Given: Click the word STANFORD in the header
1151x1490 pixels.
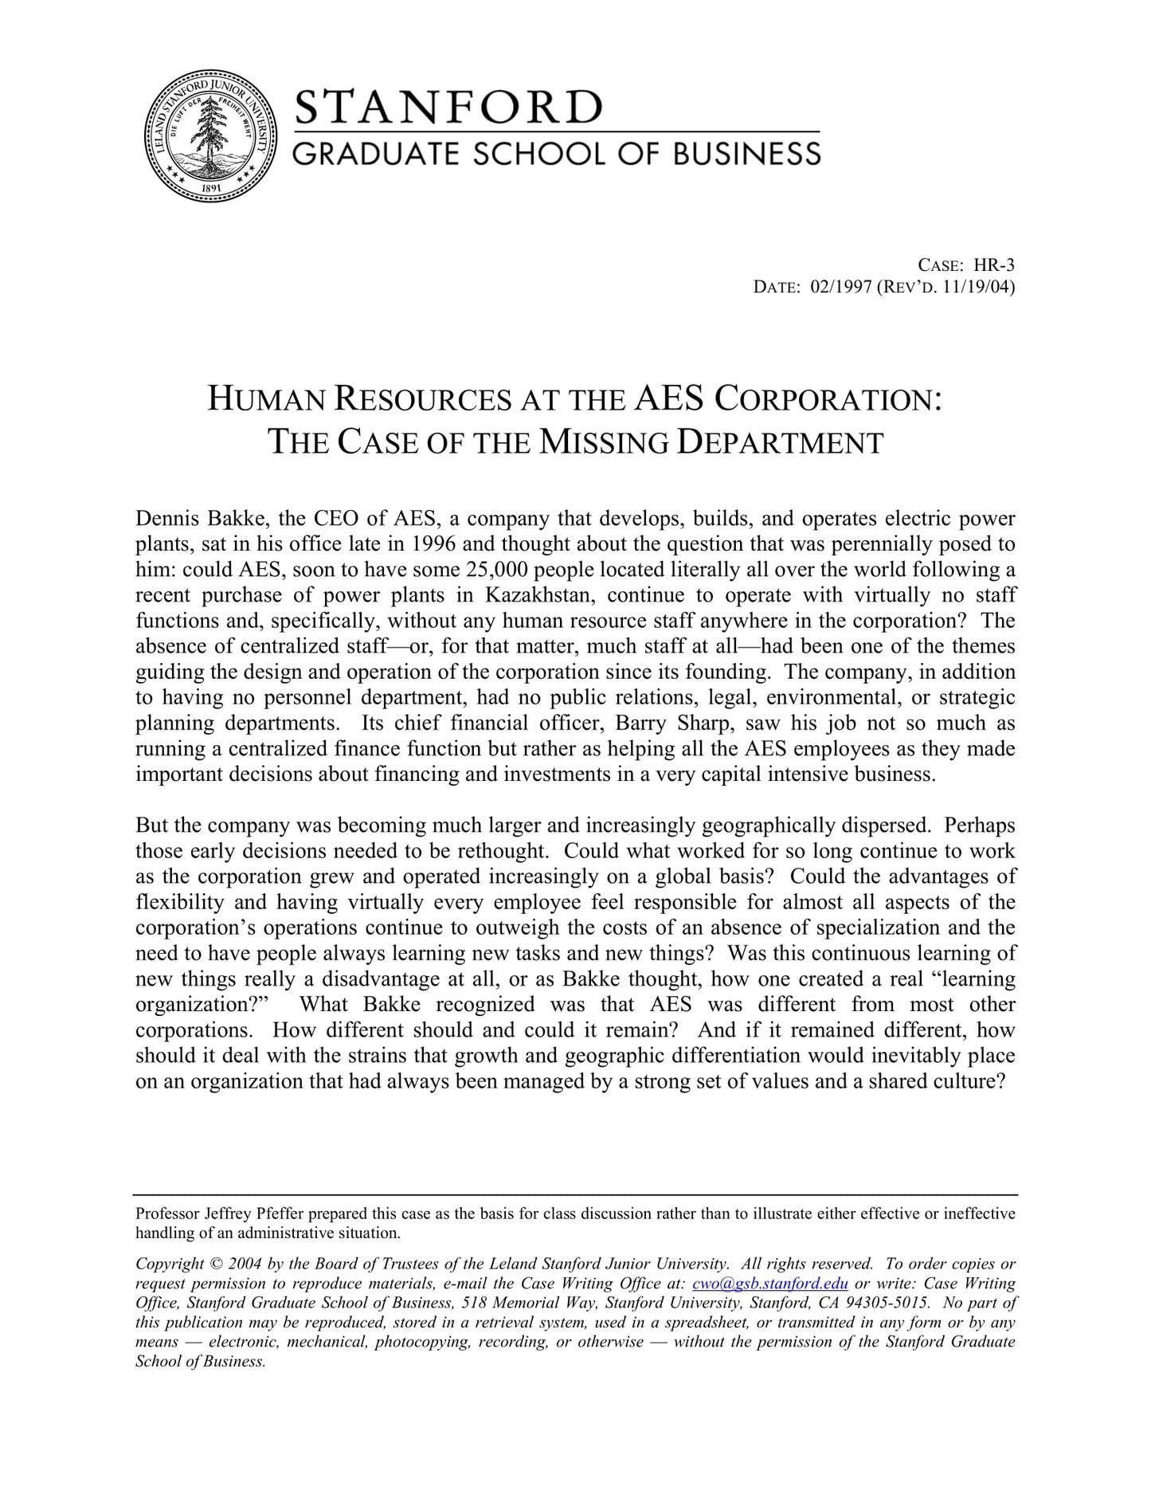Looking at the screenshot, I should pyautogui.click(x=448, y=107).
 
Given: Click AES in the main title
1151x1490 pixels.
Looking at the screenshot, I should pyautogui.click(x=669, y=398).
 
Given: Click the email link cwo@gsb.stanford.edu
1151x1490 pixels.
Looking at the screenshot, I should pyautogui.click(x=769, y=1284).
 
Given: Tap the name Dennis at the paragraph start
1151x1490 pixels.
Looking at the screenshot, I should pyautogui.click(x=159, y=519).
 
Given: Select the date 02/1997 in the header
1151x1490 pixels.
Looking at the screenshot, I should pyautogui.click(x=840, y=287).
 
